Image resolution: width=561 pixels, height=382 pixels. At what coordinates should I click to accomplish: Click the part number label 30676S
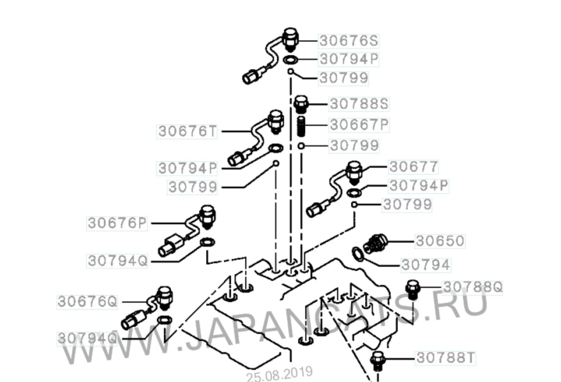(x=349, y=41)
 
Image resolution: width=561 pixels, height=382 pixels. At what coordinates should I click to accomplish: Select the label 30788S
(x=359, y=104)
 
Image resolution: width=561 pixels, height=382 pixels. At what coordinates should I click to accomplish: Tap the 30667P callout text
(x=359, y=125)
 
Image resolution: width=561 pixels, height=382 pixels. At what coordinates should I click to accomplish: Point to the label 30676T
(x=187, y=132)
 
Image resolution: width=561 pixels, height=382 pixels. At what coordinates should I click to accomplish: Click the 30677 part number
(x=413, y=167)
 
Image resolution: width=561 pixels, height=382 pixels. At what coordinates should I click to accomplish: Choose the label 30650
(x=440, y=241)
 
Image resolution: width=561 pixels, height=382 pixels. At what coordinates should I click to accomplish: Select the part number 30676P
(x=117, y=223)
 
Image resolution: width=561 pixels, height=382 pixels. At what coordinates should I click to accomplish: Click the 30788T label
(x=445, y=358)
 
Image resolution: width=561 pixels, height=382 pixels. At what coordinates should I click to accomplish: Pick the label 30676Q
(x=87, y=302)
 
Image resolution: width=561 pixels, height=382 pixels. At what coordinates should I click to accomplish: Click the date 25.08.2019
(x=279, y=374)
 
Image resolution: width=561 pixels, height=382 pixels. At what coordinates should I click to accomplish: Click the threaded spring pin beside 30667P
(x=301, y=127)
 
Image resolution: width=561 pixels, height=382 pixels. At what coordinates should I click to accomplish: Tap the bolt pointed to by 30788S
(x=301, y=104)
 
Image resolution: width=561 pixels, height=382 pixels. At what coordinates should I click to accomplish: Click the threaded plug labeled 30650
(x=375, y=243)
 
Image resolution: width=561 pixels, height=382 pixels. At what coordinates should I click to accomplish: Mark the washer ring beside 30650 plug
(x=357, y=254)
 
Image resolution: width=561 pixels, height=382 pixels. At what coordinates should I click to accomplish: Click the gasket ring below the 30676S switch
(x=290, y=60)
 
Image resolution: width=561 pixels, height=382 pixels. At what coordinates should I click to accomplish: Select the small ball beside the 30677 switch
(x=354, y=205)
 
